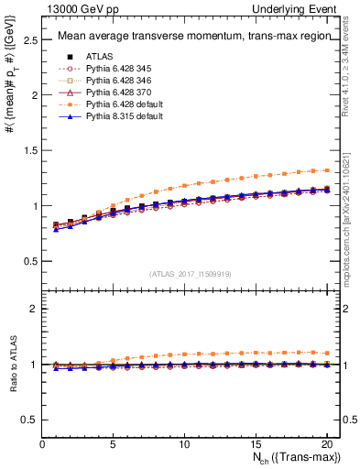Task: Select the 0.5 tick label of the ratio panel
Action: [x=29, y=420]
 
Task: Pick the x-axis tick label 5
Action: [x=114, y=444]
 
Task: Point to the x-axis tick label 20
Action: [x=326, y=444]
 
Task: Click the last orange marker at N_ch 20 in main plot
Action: [x=326, y=169]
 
